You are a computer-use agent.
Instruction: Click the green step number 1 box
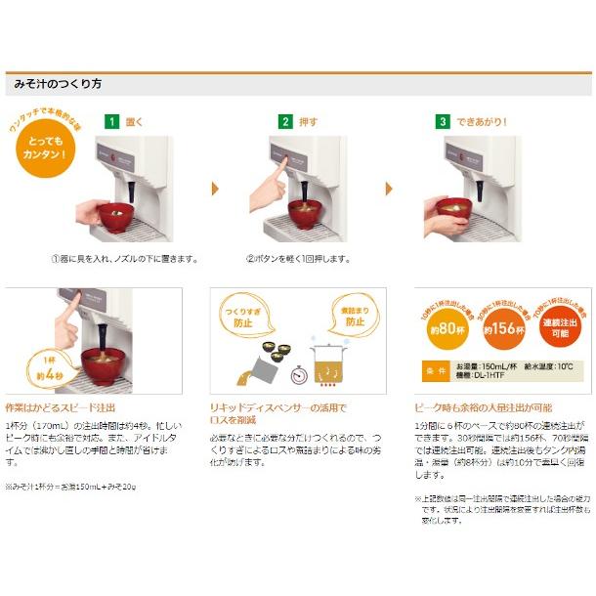tap(112, 122)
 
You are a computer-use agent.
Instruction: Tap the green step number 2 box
tap(285, 122)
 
